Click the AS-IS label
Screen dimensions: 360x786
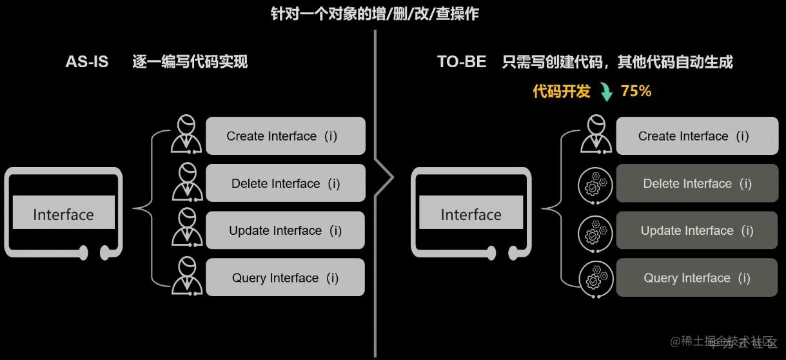[87, 62]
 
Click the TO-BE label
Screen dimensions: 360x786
[462, 62]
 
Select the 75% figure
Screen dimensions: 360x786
[636, 92]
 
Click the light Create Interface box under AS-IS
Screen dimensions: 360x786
[285, 136]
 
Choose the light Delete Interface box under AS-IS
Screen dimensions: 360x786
[285, 183]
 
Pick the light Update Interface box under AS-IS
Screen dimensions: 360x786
[285, 230]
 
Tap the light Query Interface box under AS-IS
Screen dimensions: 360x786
[285, 278]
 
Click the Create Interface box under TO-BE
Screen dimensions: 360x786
[696, 136]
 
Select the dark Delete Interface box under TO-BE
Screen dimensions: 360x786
[696, 183]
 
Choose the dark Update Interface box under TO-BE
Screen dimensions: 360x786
[696, 230]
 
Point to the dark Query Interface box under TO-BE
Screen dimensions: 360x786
[696, 278]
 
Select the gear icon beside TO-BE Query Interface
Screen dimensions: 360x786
[594, 279]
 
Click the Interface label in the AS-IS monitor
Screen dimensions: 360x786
[63, 215]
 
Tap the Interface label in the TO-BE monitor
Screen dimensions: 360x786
[471, 215]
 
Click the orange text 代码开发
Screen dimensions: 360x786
[561, 92]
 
